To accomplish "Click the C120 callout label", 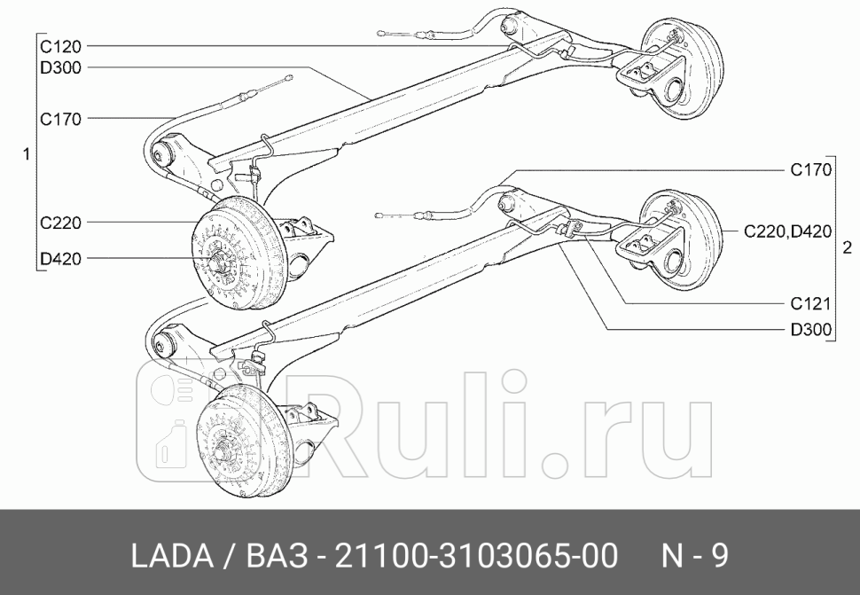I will click(59, 45).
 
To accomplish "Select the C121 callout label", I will click(810, 304).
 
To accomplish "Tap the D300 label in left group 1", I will click(60, 67).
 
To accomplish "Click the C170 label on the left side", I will click(60, 118).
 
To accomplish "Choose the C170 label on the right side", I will click(810, 170).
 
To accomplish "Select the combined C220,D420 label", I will click(787, 232).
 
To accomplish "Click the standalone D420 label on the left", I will click(60, 259).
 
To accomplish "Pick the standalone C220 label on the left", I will click(60, 223).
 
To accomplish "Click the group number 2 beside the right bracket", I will click(848, 246).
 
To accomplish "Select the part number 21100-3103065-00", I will click(474, 556).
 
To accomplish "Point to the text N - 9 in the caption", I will click(695, 556).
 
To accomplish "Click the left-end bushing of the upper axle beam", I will click(163, 156).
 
